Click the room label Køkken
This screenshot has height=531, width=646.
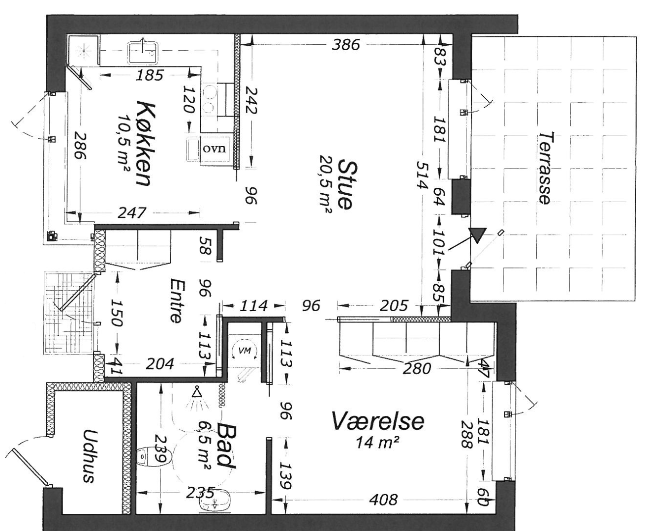(x=143, y=143)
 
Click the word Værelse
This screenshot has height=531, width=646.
(x=378, y=421)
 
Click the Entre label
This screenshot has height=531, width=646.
(x=177, y=300)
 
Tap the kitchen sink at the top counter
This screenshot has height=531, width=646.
(x=143, y=53)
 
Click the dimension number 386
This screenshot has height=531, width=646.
(x=346, y=45)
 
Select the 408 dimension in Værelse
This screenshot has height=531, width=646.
(x=383, y=500)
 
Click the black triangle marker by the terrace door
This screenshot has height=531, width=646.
(x=477, y=235)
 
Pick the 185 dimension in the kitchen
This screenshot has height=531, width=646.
(x=150, y=75)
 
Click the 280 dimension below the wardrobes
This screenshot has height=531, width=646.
(x=417, y=368)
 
